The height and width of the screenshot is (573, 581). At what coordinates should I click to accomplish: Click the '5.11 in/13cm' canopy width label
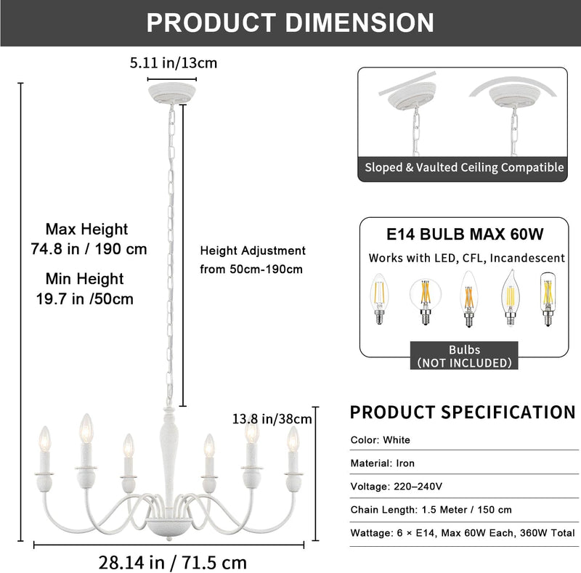pos(174,63)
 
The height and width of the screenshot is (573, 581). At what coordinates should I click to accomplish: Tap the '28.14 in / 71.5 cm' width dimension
pos(173,562)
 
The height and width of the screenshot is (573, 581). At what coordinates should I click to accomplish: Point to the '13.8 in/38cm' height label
pos(272,419)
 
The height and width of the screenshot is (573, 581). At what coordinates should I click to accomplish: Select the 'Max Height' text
pos(86,229)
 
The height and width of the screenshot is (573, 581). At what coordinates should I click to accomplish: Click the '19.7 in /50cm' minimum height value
pos(85,298)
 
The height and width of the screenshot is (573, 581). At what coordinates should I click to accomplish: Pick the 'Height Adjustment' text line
pos(253,251)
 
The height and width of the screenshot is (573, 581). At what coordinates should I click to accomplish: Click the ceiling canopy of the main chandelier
pos(172,93)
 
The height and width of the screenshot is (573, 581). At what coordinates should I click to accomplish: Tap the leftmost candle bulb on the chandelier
pos(44,439)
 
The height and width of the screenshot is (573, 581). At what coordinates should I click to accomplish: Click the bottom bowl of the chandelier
pos(169,527)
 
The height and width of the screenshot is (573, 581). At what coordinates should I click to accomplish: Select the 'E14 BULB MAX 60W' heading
pos(465,234)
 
